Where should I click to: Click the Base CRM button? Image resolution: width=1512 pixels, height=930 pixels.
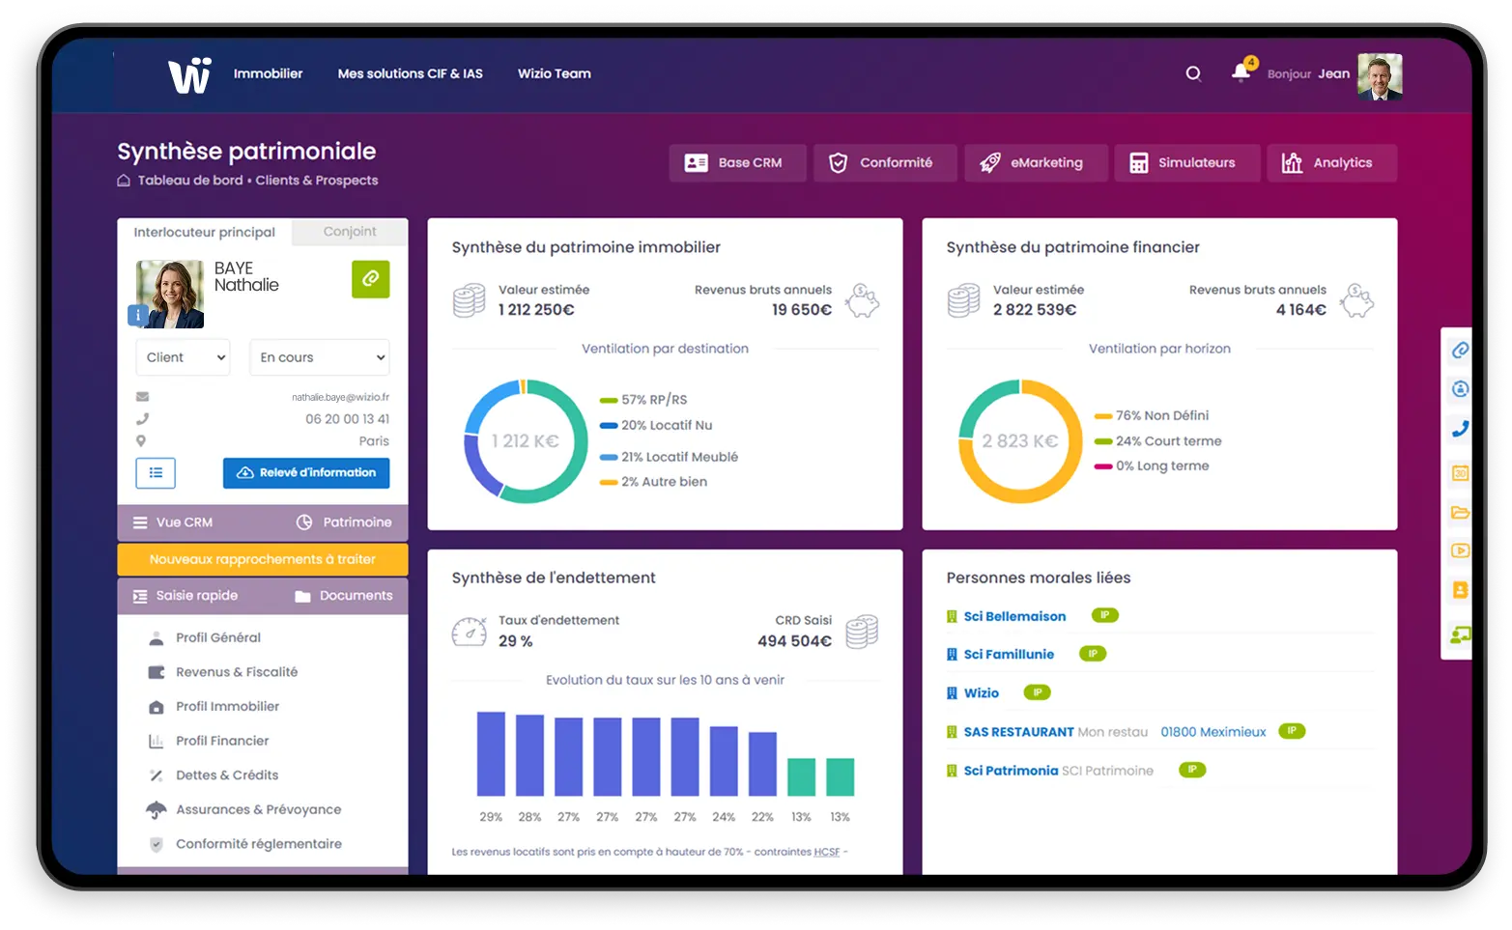(737, 163)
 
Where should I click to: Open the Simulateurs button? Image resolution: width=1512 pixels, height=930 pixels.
(1186, 163)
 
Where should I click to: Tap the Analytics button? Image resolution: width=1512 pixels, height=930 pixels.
(1331, 163)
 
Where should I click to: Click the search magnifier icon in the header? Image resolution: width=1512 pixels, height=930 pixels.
(1193, 74)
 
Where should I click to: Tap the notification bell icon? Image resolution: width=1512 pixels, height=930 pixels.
(1241, 73)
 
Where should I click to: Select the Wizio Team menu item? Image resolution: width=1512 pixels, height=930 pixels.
(554, 73)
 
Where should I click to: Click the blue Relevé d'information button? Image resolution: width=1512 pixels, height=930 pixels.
(306, 473)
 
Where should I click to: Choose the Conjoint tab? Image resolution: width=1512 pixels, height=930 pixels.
(350, 232)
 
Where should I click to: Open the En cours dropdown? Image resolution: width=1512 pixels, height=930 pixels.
(319, 357)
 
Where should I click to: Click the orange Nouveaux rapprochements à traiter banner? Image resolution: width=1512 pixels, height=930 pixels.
(263, 559)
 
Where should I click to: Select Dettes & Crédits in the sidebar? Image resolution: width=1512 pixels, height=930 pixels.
(227, 775)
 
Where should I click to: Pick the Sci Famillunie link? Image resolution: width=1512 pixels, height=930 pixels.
(1009, 655)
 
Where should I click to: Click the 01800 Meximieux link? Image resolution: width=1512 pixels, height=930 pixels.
(1212, 732)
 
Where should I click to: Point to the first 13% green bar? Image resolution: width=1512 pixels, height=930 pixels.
(801, 776)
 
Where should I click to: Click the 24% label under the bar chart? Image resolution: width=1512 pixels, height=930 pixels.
(724, 817)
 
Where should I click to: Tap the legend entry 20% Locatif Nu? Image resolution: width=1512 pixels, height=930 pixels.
(666, 426)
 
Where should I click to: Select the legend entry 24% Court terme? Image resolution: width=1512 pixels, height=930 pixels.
(1168, 441)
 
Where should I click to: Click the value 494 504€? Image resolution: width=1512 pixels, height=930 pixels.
(794, 641)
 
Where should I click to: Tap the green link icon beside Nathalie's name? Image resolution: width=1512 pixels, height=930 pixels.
(370, 279)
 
